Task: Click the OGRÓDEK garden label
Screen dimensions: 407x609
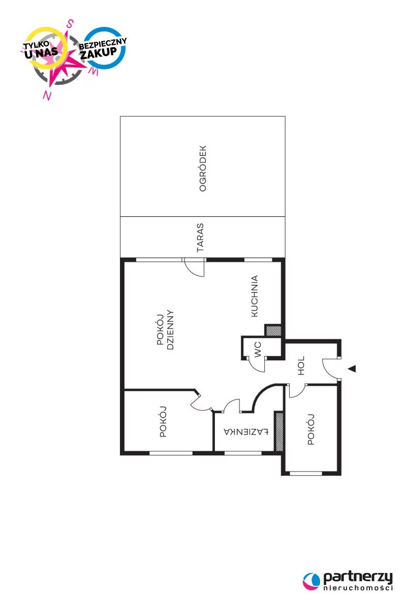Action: point(203,168)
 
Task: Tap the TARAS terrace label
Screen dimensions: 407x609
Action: point(200,238)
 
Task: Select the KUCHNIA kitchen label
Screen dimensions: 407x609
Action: point(254,296)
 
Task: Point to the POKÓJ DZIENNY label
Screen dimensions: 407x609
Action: point(165,329)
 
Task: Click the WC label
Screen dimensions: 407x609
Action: point(257,349)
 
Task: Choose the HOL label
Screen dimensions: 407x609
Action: point(301,366)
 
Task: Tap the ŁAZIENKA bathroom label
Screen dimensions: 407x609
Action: point(246,431)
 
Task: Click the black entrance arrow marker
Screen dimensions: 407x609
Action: point(352,368)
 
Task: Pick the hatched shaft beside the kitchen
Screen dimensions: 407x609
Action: point(273,330)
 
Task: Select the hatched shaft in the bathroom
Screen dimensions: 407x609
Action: point(279,432)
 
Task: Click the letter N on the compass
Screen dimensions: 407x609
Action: point(47,95)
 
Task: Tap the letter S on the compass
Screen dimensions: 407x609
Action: point(70,24)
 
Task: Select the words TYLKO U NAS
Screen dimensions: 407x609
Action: point(40,50)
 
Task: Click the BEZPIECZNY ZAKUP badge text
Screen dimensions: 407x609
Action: point(102,48)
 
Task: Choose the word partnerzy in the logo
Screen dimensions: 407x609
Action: point(358,578)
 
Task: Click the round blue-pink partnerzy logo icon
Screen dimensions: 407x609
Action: point(311,581)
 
